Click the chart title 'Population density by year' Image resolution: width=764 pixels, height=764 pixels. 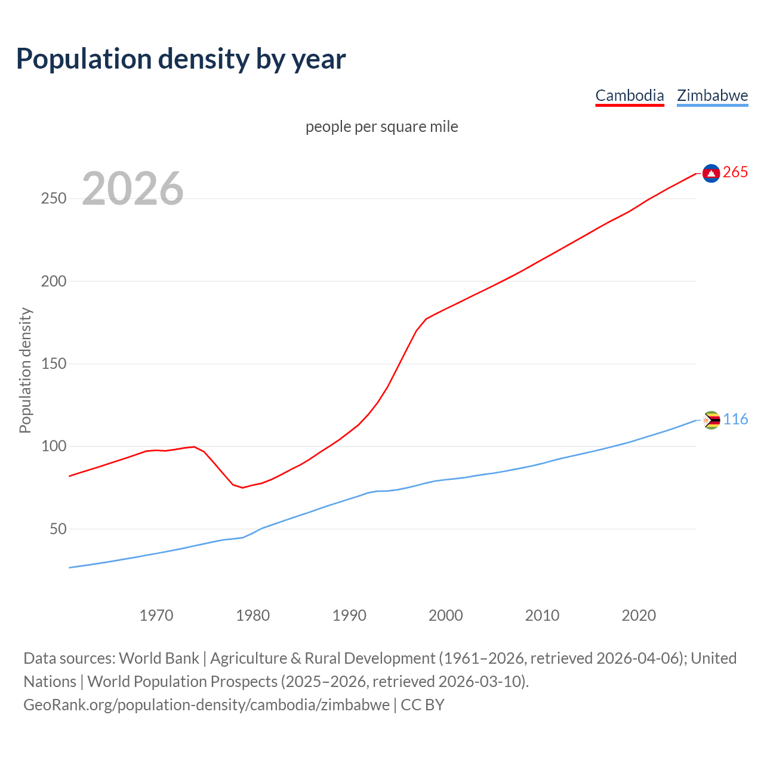[181, 59]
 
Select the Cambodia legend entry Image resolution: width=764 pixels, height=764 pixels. [630, 95]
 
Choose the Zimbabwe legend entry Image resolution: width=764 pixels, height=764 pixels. [712, 95]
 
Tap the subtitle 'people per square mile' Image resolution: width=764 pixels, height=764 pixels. [382, 127]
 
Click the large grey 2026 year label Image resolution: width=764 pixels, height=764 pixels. [133, 189]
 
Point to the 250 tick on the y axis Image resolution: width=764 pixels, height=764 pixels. [53, 199]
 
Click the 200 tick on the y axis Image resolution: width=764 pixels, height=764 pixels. [53, 281]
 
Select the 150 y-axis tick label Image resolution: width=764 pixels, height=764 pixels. [53, 364]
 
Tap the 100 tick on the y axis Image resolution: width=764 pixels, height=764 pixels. [53, 446]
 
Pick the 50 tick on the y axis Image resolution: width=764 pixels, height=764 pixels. [57, 529]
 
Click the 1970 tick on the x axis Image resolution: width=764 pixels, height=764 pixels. [156, 615]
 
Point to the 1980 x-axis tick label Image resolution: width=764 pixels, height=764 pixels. [252, 615]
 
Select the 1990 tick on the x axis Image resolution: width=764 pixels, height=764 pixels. [349, 615]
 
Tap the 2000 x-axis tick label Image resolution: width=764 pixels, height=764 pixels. [446, 615]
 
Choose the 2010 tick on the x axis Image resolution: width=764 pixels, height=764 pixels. [542, 615]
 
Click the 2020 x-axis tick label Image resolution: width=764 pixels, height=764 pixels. [639, 615]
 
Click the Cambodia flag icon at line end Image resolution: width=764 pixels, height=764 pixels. [711, 173]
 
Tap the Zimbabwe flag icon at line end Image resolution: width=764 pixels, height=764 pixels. [711, 420]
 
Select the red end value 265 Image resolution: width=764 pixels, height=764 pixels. [735, 172]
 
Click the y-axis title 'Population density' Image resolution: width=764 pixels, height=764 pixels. [25, 370]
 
